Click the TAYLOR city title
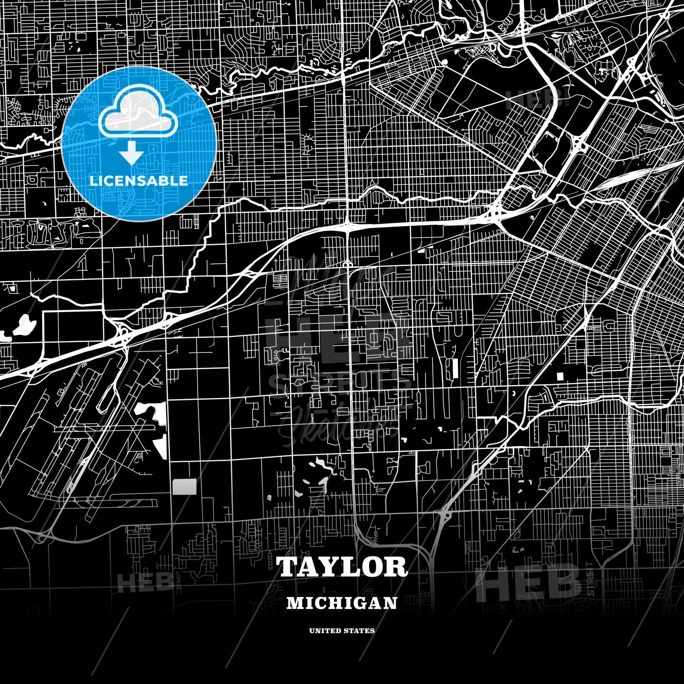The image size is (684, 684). pyautogui.click(x=342, y=567)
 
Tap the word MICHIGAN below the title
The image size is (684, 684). pyautogui.click(x=342, y=603)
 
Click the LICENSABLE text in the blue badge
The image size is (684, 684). pyautogui.click(x=139, y=180)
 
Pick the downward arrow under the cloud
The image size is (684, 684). pyautogui.click(x=132, y=153)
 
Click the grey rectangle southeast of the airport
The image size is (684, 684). pyautogui.click(x=184, y=486)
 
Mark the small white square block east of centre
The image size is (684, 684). pyautogui.click(x=560, y=376)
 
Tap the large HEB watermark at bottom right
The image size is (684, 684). pyautogui.click(x=527, y=582)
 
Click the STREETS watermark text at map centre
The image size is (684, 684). pyautogui.click(x=340, y=381)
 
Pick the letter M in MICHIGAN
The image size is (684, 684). pyautogui.click(x=294, y=603)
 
